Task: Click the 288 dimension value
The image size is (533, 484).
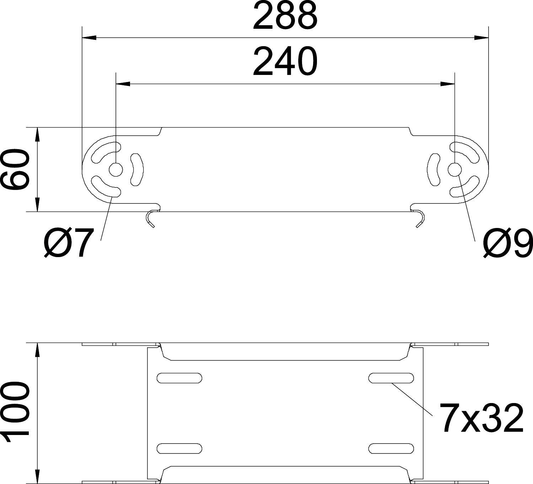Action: coord(285,16)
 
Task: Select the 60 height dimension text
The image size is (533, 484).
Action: coord(15,169)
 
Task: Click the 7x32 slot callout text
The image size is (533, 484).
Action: coord(481,418)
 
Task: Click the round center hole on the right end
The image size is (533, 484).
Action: coord(454,170)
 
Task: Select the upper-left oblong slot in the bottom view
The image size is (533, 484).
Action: coord(179,378)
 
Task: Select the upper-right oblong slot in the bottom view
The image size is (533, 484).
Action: coord(391,378)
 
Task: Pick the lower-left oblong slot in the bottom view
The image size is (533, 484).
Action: coord(179,448)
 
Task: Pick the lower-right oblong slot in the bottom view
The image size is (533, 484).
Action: coord(391,448)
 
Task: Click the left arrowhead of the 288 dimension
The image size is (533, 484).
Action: coord(89,37)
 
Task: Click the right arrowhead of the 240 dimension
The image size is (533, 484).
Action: coord(447,84)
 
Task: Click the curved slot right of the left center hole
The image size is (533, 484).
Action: coord(137,169)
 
